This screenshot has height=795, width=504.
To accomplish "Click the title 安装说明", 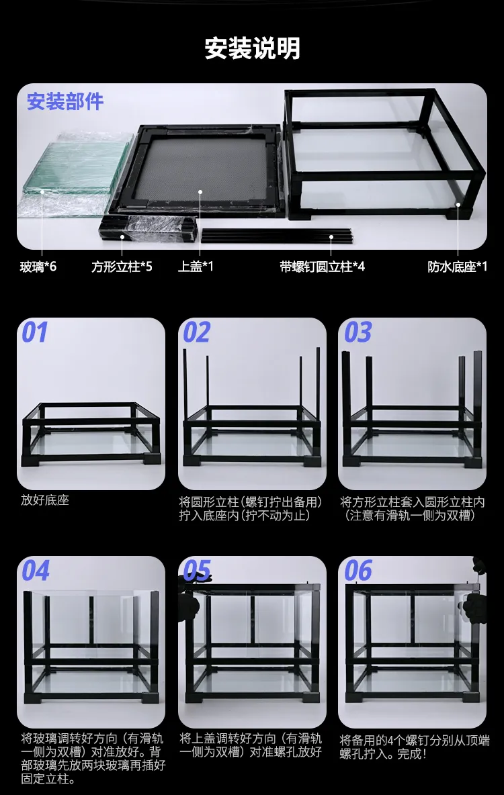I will click(x=252, y=49).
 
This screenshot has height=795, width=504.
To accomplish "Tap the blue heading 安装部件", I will click(x=65, y=102).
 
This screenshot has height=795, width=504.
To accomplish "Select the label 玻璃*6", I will click(x=38, y=267).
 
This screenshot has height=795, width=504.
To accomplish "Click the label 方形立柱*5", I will click(x=122, y=267).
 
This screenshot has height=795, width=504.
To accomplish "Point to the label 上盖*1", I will click(x=196, y=267).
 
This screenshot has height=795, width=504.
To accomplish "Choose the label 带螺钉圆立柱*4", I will click(x=323, y=267).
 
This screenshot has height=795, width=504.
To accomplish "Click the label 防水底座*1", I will click(x=458, y=267).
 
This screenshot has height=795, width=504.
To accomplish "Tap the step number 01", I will click(x=35, y=333).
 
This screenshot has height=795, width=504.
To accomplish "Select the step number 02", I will click(x=196, y=333).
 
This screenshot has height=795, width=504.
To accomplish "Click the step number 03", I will click(x=358, y=333).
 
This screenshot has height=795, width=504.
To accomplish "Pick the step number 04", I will click(x=36, y=571).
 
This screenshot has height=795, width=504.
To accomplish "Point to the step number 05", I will click(x=196, y=571).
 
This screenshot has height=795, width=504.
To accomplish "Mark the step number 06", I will click(x=358, y=571).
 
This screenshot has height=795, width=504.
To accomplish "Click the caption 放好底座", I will click(x=45, y=500).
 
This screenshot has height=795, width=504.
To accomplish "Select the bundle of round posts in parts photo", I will click(x=276, y=235).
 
